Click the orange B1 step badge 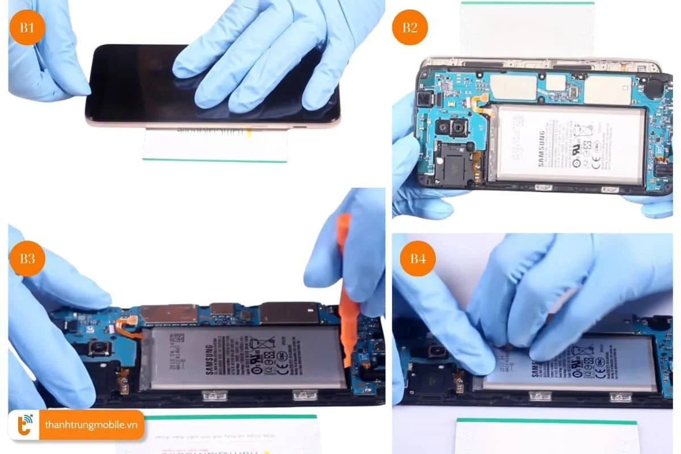coord(27,27)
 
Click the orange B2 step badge coord(410,27)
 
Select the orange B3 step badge coord(27,258)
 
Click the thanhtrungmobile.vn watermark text coord(91,426)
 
